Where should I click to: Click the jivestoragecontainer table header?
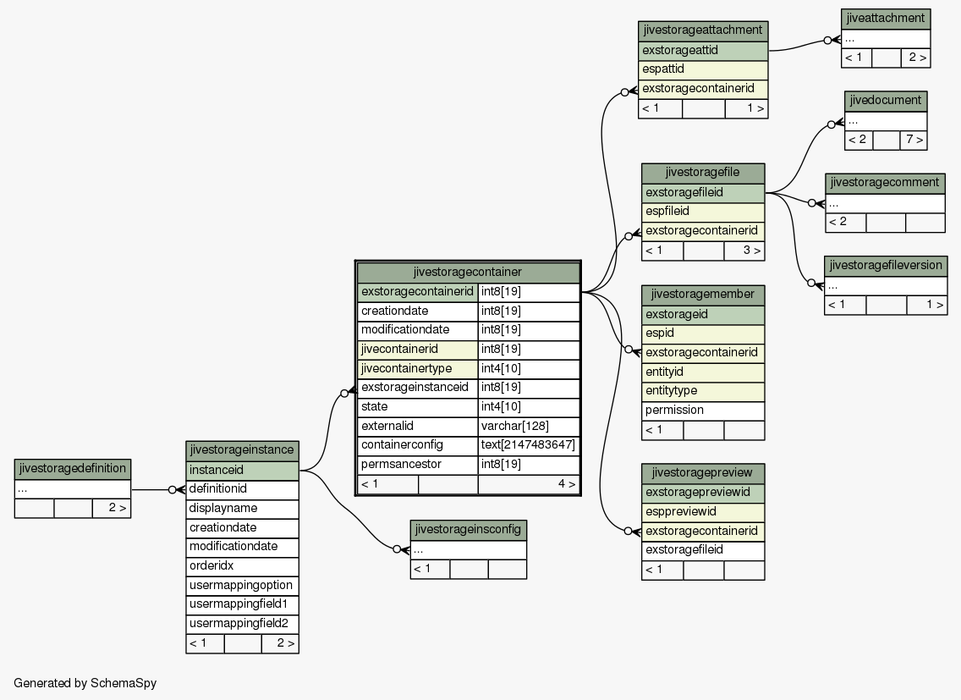(468, 272)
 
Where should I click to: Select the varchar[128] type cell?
(529, 427)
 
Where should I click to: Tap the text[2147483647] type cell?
(529, 445)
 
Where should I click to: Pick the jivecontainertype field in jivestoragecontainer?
(417, 369)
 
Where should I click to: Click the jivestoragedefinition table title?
(72, 469)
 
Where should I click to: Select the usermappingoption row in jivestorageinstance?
(242, 585)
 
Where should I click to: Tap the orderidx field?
(242, 566)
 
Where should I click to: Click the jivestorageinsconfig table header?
(469, 530)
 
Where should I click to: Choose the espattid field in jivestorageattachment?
(703, 69)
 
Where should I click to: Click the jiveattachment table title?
(886, 19)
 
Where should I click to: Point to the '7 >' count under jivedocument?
(913, 140)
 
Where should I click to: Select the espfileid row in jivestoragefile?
(703, 212)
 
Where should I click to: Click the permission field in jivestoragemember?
(703, 411)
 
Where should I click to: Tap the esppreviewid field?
(703, 511)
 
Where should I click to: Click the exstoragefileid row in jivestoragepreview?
(703, 550)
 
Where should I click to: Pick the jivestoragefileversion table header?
(886, 266)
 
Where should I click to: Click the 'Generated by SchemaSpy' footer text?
(85, 683)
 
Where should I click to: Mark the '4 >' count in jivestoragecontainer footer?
(566, 484)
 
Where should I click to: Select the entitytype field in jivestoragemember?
(703, 391)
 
